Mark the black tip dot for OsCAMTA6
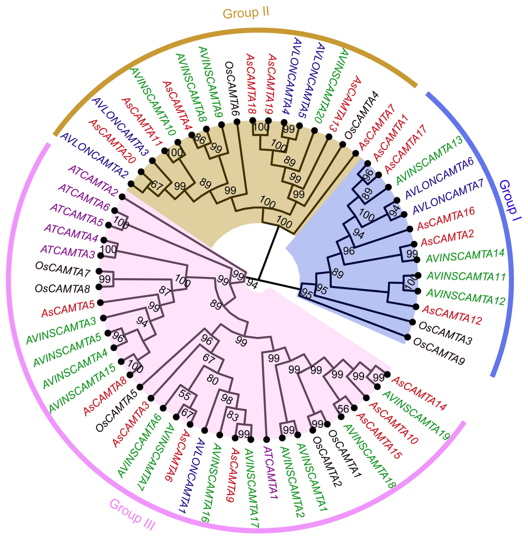[x=237, y=122]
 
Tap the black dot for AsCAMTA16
[x=409, y=229]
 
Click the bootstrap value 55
[x=184, y=395]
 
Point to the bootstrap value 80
[x=212, y=380]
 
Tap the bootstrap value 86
[x=200, y=139]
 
